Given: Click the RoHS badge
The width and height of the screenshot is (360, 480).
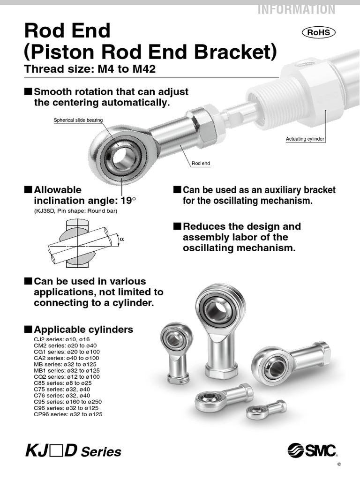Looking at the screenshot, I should pyautogui.click(x=318, y=32).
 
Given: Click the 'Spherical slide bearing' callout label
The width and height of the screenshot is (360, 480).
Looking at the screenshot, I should pyautogui.click(x=78, y=120).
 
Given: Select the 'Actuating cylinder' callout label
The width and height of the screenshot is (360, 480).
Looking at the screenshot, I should pyautogui.click(x=305, y=139).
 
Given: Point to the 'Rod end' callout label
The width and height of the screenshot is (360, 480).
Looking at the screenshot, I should pyautogui.click(x=201, y=164).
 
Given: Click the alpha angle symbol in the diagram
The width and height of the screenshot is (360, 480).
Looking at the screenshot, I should pyautogui.click(x=122, y=239).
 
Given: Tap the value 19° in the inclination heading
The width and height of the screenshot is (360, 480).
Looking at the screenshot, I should pyautogui.click(x=129, y=201).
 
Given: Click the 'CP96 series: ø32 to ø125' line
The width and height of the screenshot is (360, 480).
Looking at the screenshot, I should pyautogui.click(x=68, y=414).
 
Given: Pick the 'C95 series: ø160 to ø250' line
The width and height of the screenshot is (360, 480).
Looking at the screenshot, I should pyautogui.click(x=67, y=402).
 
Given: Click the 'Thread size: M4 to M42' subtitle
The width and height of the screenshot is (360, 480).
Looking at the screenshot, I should pyautogui.click(x=90, y=70).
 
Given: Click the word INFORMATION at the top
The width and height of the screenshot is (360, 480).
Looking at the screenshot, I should pyautogui.click(x=296, y=9).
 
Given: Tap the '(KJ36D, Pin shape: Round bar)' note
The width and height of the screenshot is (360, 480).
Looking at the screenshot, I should pyautogui.click(x=75, y=211).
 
